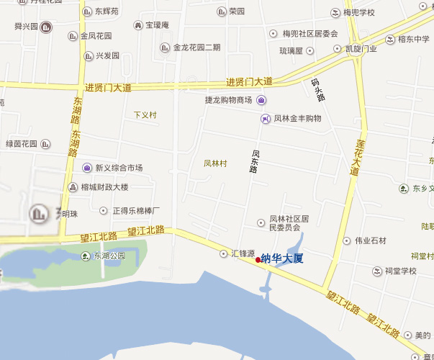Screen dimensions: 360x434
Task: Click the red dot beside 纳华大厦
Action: pyautogui.click(x=258, y=260)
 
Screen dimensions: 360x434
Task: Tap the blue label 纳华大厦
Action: pyautogui.click(x=282, y=258)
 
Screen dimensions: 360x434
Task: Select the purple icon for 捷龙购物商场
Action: pyautogui.click(x=261, y=100)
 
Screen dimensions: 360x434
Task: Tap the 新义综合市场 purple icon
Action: pyautogui.click(x=87, y=168)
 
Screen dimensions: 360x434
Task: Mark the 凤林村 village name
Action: pyautogui.click(x=215, y=163)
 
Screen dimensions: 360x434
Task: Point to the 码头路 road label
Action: pyautogui.click(x=318, y=89)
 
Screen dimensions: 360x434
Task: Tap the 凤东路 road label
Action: pyautogui.click(x=255, y=161)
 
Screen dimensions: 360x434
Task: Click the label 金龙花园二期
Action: pyautogui.click(x=196, y=48)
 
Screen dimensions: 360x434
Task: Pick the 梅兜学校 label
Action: pyautogui.click(x=358, y=13)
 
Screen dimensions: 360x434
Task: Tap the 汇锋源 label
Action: pyautogui.click(x=243, y=254)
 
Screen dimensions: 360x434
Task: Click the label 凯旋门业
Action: pyautogui.click(x=361, y=49)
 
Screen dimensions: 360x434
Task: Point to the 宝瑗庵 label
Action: pyautogui.click(x=157, y=25)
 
